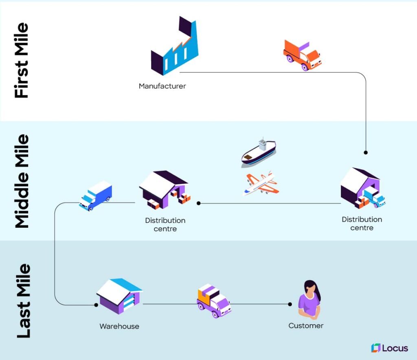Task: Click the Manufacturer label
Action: click(x=162, y=86)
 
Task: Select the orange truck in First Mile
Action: click(x=302, y=55)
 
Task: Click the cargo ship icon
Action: click(x=259, y=152)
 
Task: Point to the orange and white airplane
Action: click(x=261, y=183)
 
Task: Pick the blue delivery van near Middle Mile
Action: click(x=96, y=196)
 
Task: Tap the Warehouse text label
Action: click(x=119, y=326)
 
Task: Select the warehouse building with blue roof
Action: click(x=119, y=296)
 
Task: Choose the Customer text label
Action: click(x=306, y=325)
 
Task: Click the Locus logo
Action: click(x=389, y=348)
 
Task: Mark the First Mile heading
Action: click(x=22, y=60)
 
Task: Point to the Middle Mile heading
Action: click(x=22, y=181)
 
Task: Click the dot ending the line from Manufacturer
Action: click(x=366, y=153)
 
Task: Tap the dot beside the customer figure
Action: click(x=290, y=304)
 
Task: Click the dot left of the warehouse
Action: click(x=96, y=304)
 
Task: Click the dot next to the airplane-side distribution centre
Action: click(x=198, y=203)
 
